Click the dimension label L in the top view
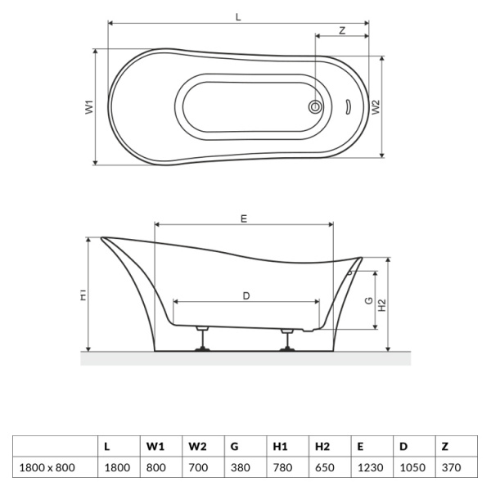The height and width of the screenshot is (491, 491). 237,16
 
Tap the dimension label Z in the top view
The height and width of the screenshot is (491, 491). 341,29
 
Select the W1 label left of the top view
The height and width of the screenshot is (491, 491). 90,106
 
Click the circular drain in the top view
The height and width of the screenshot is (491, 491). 315,106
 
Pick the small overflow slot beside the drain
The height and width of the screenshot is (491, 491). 346,106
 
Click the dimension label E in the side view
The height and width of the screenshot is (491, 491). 243,218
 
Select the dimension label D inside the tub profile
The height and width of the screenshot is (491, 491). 246,295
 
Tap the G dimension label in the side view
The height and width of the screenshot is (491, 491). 369,300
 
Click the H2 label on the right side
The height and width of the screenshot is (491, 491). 382,304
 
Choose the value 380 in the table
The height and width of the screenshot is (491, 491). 241,467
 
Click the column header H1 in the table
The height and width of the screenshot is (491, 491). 280,446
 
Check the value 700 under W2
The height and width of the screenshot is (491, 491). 197,467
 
